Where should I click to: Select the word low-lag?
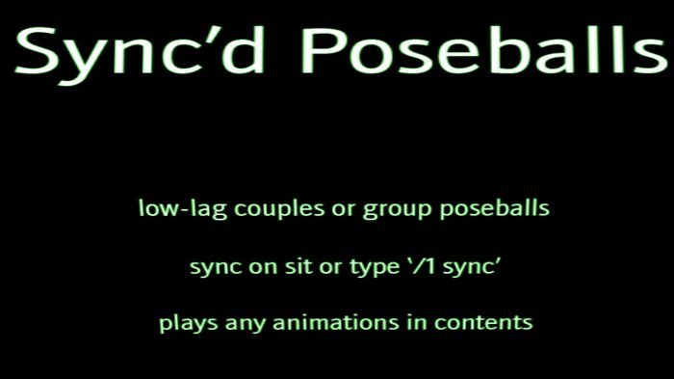171,208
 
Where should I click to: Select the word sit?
293,266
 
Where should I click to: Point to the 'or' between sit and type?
327,267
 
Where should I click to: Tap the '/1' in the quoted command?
423,266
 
